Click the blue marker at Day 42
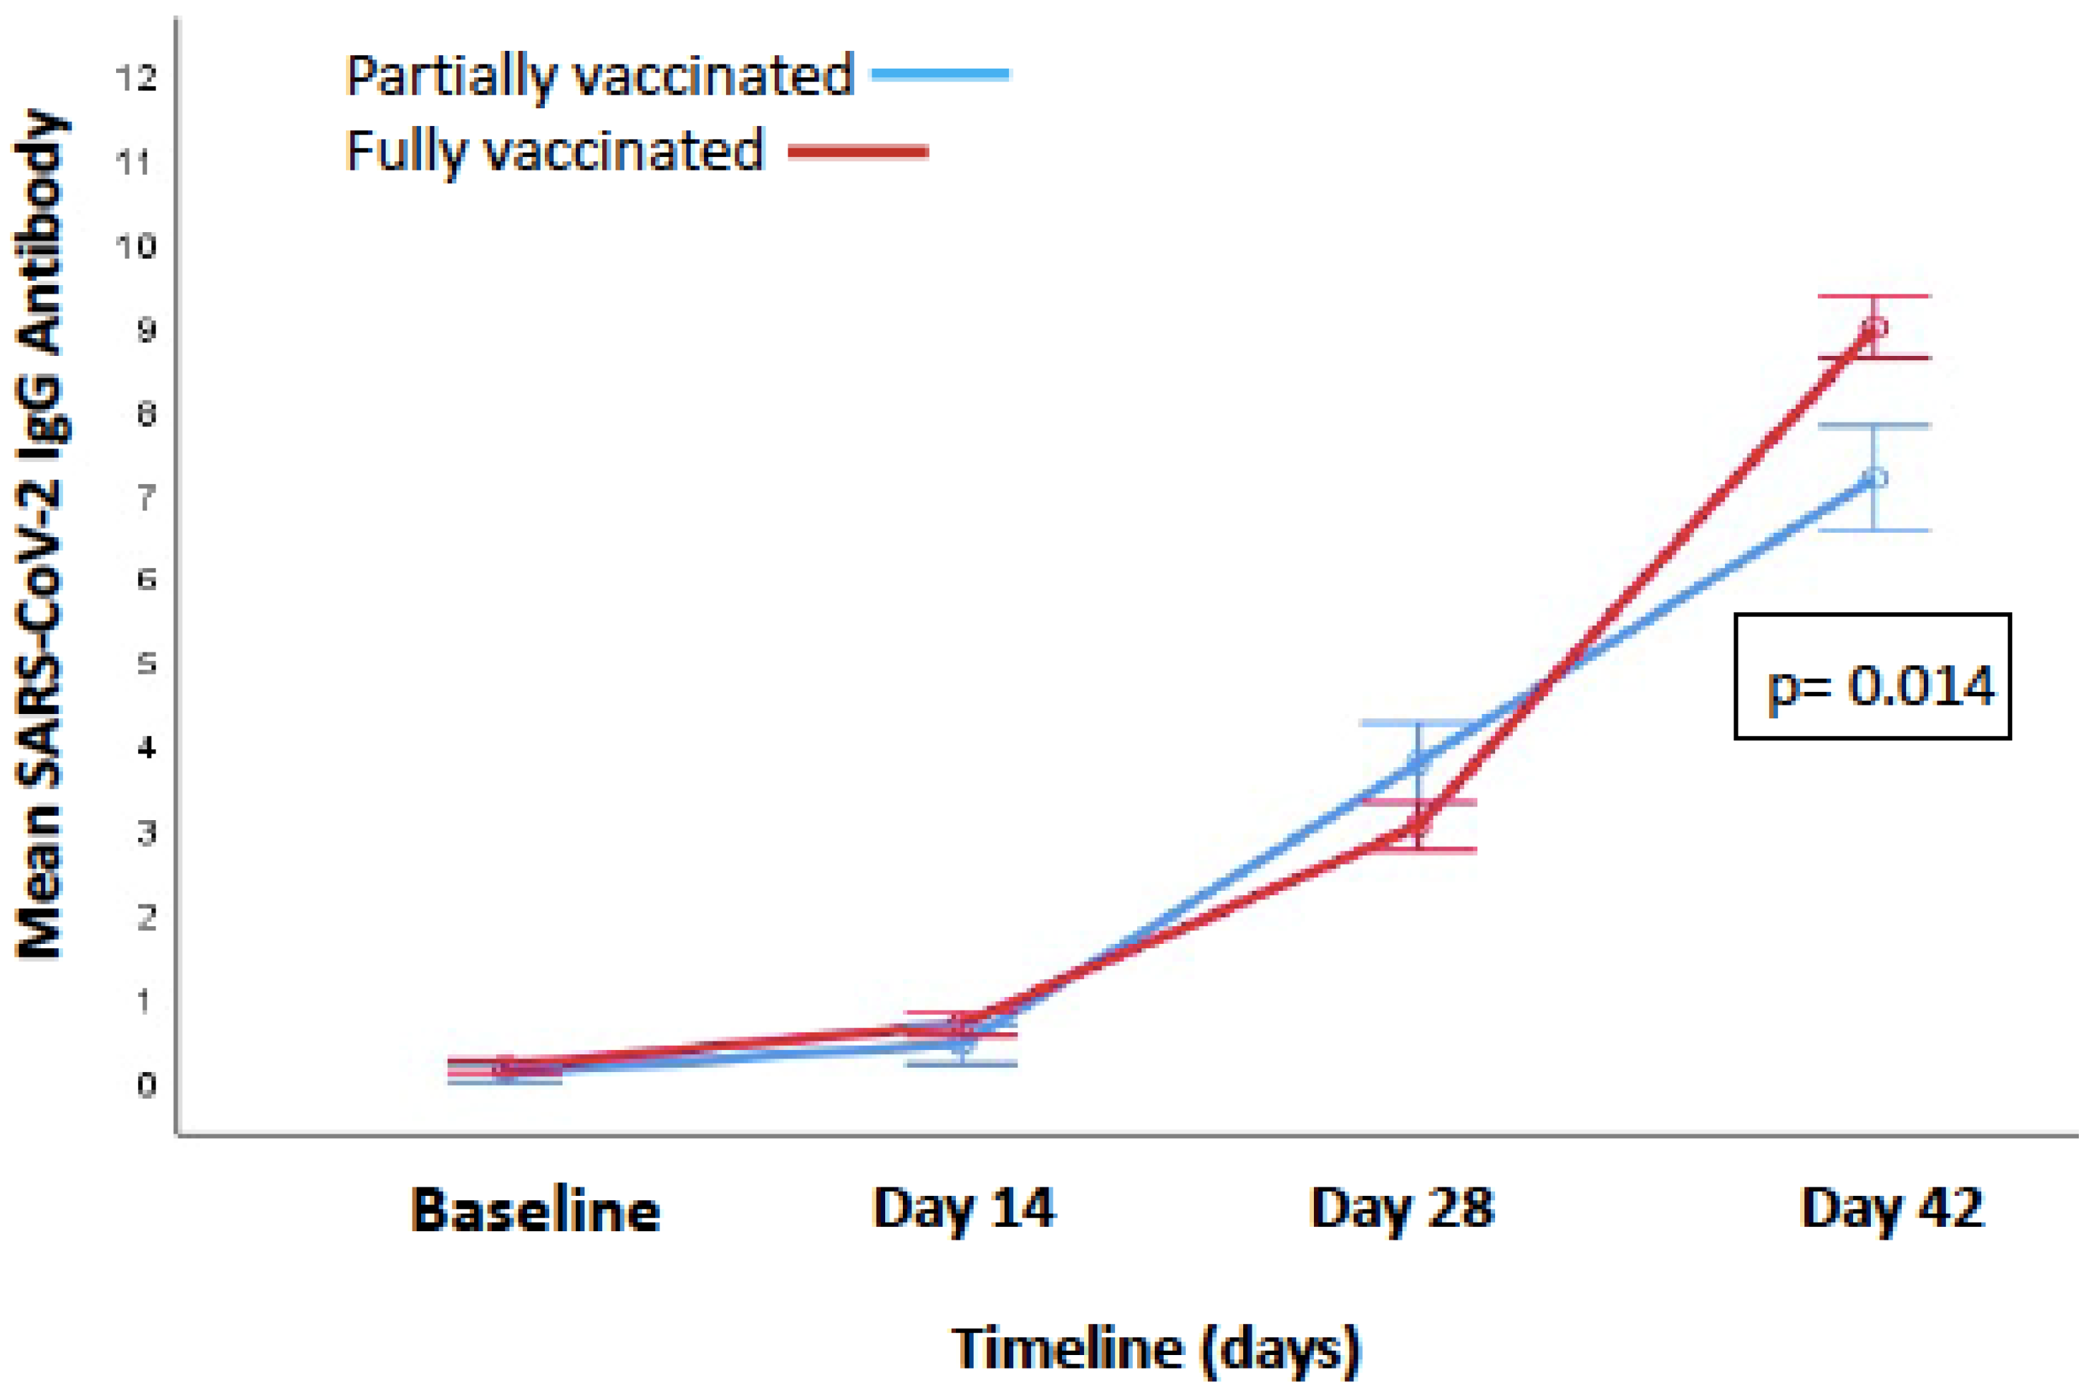1874,478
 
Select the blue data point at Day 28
1418,762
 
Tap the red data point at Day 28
1418,826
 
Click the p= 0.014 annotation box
1872,676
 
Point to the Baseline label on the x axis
535,1210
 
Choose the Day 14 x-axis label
963,1209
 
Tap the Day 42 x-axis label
1892,1209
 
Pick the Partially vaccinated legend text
599,76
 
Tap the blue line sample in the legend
940,74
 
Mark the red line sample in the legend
858,152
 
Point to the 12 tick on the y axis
136,79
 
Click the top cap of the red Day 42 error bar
1874,296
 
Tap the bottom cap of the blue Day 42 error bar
1874,531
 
